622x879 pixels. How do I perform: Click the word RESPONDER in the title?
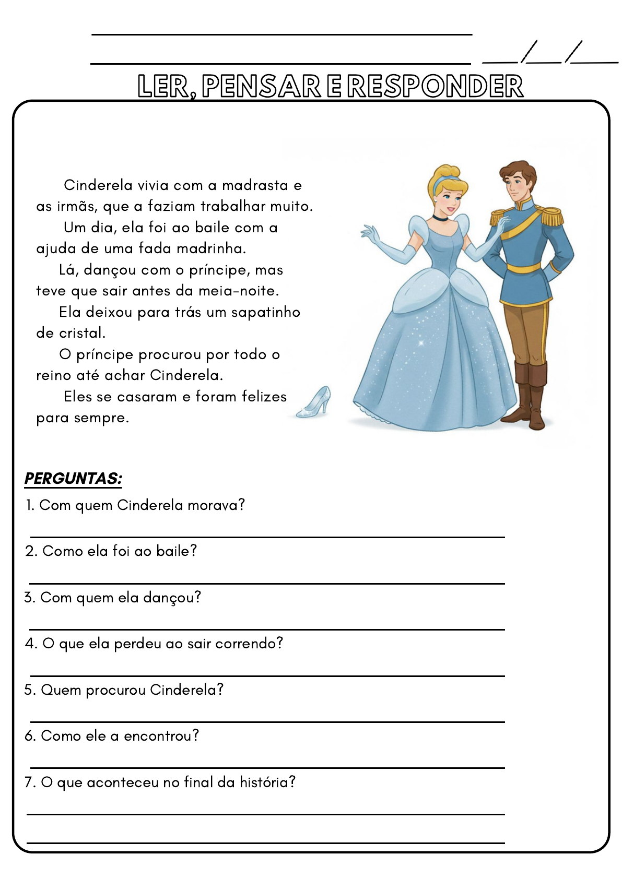coord(435,86)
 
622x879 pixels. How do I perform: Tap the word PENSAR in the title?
coord(261,86)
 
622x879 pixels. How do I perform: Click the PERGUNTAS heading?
coord(73,478)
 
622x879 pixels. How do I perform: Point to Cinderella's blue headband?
coord(442,180)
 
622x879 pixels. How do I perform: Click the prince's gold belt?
coord(523,268)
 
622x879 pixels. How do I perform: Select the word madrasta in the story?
coord(255,185)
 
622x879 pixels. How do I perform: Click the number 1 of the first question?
coord(29,505)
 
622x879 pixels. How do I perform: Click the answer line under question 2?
coord(267,583)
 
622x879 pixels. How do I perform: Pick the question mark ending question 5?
coord(220,690)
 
